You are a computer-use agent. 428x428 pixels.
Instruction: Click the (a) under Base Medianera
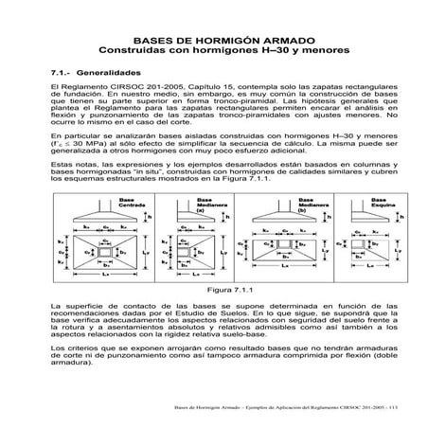tap(199, 239)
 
